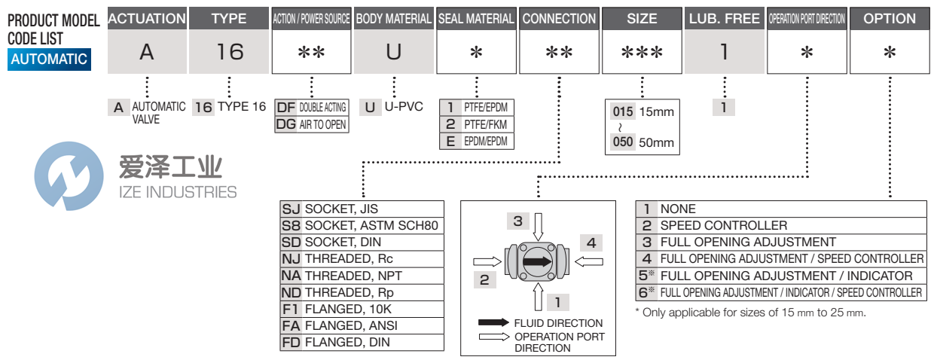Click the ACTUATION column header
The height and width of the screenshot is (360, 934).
147,19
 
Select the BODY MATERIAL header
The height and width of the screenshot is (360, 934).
392,19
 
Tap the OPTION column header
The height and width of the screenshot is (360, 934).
890,19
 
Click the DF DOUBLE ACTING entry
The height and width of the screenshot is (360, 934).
311,108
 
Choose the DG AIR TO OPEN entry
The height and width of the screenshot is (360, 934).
311,124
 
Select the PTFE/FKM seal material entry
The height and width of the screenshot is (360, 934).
476,124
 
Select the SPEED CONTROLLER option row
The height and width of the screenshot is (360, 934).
780,225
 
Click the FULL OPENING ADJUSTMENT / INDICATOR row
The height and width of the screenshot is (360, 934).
780,275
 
